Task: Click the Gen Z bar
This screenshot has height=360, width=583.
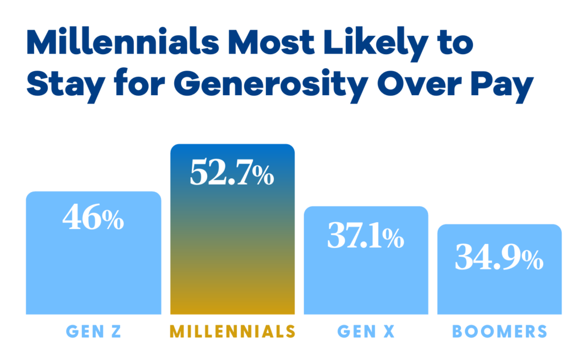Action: (93, 253)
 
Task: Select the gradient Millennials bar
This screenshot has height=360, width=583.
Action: (232, 229)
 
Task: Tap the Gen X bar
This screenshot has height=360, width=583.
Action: (366, 260)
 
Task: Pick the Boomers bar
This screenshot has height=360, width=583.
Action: (499, 269)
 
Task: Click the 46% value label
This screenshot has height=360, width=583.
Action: (93, 217)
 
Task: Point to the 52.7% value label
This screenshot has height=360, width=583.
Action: (232, 173)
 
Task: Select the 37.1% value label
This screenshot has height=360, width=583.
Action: (366, 235)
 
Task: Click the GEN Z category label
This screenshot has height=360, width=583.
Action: (94, 331)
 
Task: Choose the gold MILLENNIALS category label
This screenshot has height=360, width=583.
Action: (232, 331)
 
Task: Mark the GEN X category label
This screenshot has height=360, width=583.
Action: (366, 331)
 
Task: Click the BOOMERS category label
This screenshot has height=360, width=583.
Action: (499, 331)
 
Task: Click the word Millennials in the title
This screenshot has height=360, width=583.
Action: (123, 42)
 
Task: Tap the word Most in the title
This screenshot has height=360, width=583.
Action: (272, 42)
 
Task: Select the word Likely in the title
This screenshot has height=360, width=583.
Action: (376, 45)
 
